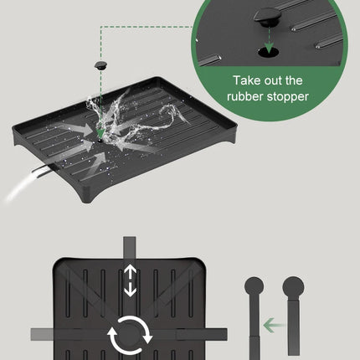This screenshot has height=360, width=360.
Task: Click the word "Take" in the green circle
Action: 245,80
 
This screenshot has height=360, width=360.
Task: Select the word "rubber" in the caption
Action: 245,96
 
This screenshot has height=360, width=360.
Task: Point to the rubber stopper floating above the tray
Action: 100,65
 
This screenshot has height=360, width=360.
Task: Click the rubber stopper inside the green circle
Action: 267,17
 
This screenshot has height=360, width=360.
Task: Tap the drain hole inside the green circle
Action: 268,52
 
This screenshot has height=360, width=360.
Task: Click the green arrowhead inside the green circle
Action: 269,48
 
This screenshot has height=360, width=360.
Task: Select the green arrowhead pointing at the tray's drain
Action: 100,133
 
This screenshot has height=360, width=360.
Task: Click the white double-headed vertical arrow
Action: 130,280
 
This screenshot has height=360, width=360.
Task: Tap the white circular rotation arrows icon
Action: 131,335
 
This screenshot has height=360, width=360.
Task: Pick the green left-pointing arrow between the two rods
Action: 274,326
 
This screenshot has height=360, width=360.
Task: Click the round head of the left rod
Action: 254,286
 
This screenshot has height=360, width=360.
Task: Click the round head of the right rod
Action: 293,286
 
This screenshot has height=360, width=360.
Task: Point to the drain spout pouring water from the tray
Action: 42,172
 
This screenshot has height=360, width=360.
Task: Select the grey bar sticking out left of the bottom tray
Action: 42,334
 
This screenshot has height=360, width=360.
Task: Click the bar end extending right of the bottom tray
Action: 216,334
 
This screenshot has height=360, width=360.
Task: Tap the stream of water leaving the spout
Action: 19,187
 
